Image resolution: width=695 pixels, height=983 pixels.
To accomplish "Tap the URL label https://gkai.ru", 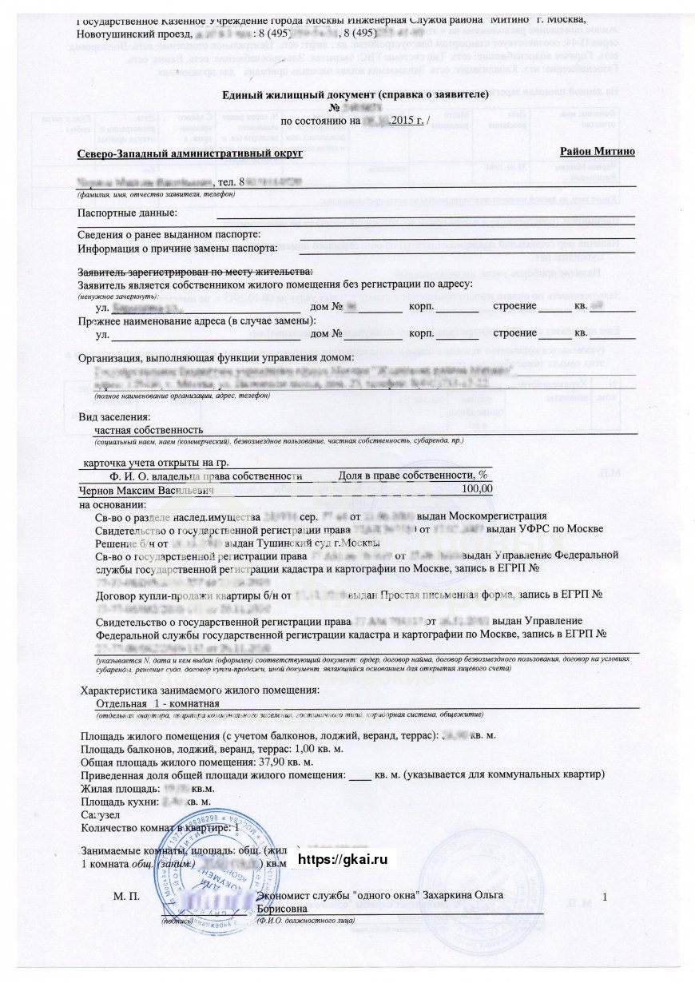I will pyautogui.click(x=342, y=859).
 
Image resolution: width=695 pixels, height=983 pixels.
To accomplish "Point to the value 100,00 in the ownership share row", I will pyautogui.click(x=478, y=488).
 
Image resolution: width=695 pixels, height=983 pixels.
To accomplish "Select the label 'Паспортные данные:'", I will pyautogui.click(x=127, y=212).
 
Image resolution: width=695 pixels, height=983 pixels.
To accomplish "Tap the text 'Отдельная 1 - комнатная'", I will pyautogui.click(x=157, y=702).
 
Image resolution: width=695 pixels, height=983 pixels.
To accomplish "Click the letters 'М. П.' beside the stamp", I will pyautogui.click(x=127, y=897).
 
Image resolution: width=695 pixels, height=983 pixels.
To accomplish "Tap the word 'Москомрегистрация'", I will pyautogui.click(x=501, y=515).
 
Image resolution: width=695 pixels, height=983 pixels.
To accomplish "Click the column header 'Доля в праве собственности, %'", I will pyautogui.click(x=413, y=475).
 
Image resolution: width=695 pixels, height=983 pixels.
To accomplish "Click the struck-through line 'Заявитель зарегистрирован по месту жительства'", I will pyautogui.click(x=196, y=272).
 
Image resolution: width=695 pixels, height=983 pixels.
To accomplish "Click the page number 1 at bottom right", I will pyautogui.click(x=606, y=897).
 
